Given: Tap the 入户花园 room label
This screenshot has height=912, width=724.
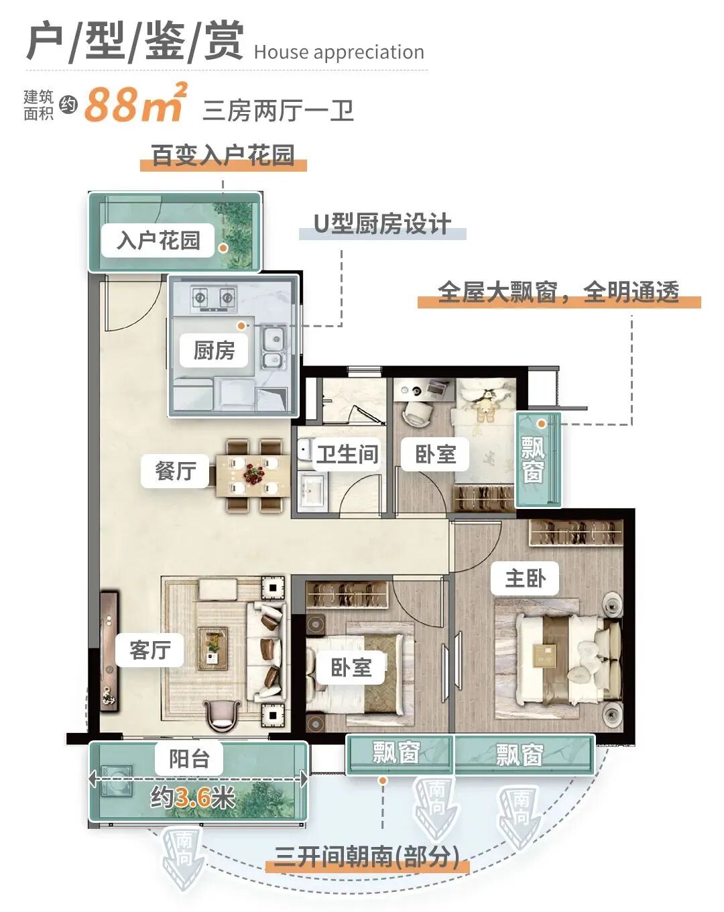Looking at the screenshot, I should click(x=158, y=240).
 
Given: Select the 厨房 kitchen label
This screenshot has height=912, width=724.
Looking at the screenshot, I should click(x=214, y=350).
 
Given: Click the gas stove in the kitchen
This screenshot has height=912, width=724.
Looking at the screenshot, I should click(x=213, y=298).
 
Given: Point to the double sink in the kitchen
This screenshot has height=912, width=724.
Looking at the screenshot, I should click(x=273, y=347).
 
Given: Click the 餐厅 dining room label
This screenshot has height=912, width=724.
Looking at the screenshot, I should click(x=176, y=470).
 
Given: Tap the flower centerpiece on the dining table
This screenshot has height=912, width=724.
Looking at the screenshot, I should click(x=253, y=473).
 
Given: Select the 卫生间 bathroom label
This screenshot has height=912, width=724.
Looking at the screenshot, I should click(x=347, y=454).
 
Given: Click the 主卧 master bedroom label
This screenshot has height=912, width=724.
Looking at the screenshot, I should click(x=525, y=578).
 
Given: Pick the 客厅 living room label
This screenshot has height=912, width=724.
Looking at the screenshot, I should click(x=149, y=649).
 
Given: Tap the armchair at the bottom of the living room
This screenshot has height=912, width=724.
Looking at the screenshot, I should click(x=223, y=715).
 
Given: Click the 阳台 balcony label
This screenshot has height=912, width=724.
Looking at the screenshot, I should click(x=189, y=758).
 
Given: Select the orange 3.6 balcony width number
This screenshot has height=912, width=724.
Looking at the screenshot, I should click(x=193, y=797).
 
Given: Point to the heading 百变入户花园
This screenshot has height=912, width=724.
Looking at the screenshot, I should click(x=223, y=156).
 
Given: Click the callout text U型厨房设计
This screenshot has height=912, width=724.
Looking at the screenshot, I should click(x=382, y=224).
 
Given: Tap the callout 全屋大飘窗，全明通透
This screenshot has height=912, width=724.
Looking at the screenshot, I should click(x=558, y=292).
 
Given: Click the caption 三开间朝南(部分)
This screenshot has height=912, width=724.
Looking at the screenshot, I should click(x=367, y=856).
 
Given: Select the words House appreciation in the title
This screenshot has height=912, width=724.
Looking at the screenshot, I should click(x=339, y=52).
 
